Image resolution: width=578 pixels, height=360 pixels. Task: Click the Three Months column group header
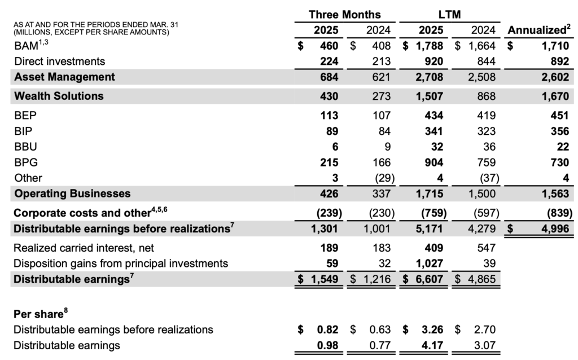click(x=345, y=14)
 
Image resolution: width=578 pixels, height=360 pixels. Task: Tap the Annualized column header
click(x=539, y=29)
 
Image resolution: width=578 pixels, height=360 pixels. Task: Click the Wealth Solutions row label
click(x=59, y=96)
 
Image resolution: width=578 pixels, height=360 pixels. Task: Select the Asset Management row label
click(x=64, y=77)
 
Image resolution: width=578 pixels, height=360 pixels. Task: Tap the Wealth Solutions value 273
click(x=382, y=96)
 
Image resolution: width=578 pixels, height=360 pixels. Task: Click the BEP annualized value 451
click(x=559, y=116)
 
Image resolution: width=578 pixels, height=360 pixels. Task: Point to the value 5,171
click(x=428, y=229)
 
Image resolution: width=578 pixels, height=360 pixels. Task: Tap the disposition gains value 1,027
click(x=428, y=263)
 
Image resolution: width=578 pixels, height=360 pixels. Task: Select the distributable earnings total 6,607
click(x=428, y=279)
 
